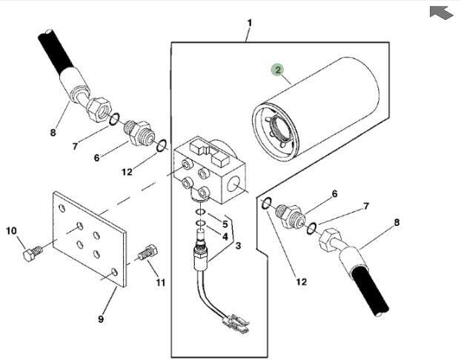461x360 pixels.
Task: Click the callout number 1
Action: (250, 23)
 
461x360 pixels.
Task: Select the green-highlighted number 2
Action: (278, 70)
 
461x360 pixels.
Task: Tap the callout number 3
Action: (238, 245)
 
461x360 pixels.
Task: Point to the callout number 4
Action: (225, 236)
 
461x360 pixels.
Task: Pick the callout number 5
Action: (225, 224)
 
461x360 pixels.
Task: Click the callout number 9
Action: (101, 319)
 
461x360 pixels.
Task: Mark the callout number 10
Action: (11, 231)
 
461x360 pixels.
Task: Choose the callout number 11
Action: (161, 283)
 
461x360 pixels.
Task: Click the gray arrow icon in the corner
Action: (441, 13)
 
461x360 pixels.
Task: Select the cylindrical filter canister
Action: (316, 109)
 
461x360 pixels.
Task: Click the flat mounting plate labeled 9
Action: (90, 239)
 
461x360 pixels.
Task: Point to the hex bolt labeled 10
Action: (33, 254)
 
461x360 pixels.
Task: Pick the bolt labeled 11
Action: (148, 252)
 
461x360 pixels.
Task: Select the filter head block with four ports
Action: (210, 171)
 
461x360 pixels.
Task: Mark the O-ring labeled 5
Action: (200, 212)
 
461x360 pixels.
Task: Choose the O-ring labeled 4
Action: (201, 224)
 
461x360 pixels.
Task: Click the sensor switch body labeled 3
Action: (201, 253)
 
